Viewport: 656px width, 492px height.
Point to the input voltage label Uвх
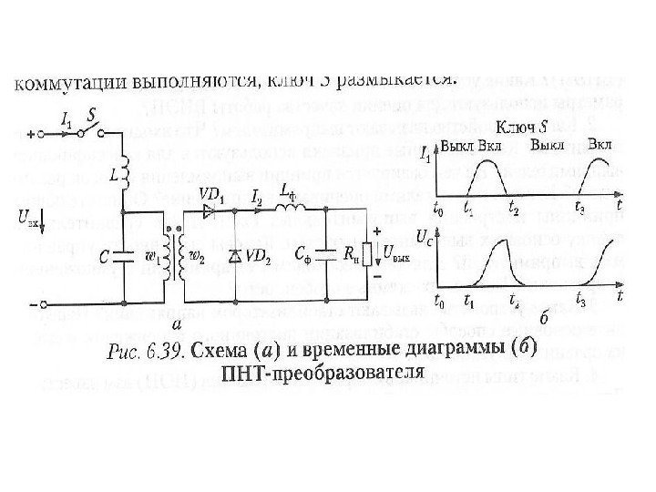[28, 218]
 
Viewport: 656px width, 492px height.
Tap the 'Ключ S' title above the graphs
[522, 125]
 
